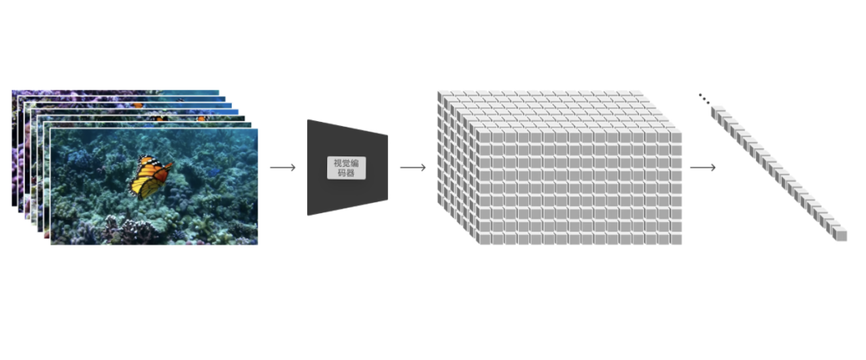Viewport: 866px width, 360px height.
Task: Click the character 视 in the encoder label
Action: click(x=338, y=163)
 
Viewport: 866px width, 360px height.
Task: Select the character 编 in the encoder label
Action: click(x=358, y=163)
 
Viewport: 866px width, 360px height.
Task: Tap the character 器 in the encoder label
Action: click(x=353, y=172)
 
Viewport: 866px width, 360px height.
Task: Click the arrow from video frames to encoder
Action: click(x=282, y=168)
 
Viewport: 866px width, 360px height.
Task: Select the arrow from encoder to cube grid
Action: click(x=412, y=168)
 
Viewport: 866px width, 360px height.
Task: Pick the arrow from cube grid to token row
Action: click(x=702, y=168)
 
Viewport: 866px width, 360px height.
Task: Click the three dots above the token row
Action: click(x=703, y=99)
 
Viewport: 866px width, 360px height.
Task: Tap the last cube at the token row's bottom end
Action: click(x=840, y=235)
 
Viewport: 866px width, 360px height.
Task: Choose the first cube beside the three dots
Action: click(x=717, y=113)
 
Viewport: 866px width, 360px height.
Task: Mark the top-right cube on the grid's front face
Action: click(x=676, y=137)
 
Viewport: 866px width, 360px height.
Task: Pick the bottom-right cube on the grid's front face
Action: click(x=676, y=239)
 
